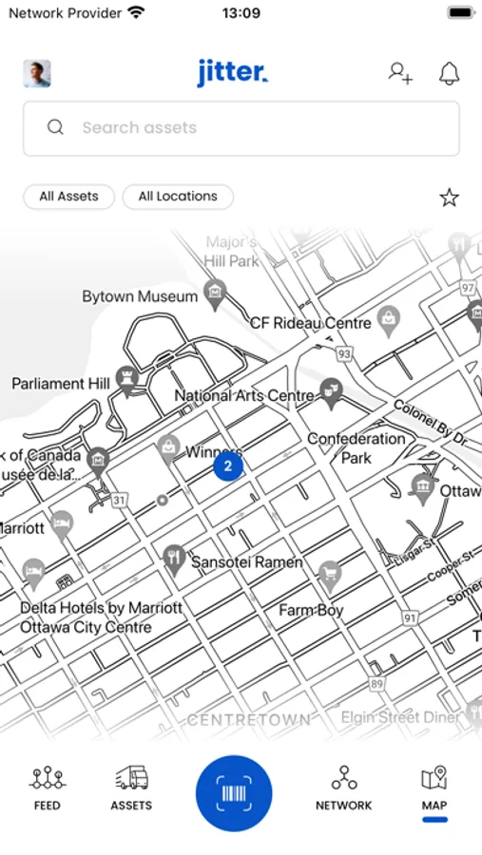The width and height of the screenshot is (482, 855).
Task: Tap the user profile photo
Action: tap(37, 73)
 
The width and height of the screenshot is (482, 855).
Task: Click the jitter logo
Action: tap(233, 72)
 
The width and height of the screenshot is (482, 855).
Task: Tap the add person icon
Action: tap(400, 73)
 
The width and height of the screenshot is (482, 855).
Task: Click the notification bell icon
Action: tap(449, 73)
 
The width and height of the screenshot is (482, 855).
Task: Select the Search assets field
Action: tap(241, 128)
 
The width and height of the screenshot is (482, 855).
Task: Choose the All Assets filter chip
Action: tap(68, 197)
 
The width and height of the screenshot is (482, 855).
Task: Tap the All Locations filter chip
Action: tap(178, 197)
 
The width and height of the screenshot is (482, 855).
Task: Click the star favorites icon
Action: tap(449, 198)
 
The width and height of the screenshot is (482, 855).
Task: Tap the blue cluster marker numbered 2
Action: tap(227, 466)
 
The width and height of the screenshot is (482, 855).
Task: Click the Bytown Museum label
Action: tap(140, 296)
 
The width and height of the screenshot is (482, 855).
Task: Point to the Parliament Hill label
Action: tap(61, 384)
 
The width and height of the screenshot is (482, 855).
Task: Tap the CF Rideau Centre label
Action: tap(310, 323)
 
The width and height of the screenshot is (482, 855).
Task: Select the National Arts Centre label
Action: tap(244, 395)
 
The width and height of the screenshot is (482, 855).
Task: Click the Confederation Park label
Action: tap(356, 447)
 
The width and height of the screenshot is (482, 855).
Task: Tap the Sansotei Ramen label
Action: tap(247, 562)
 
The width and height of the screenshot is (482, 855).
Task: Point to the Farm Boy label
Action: tap(311, 610)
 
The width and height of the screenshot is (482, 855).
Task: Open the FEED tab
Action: tap(47, 789)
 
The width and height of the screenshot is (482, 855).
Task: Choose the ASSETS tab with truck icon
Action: tap(131, 789)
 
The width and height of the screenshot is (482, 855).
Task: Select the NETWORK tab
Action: tap(343, 789)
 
